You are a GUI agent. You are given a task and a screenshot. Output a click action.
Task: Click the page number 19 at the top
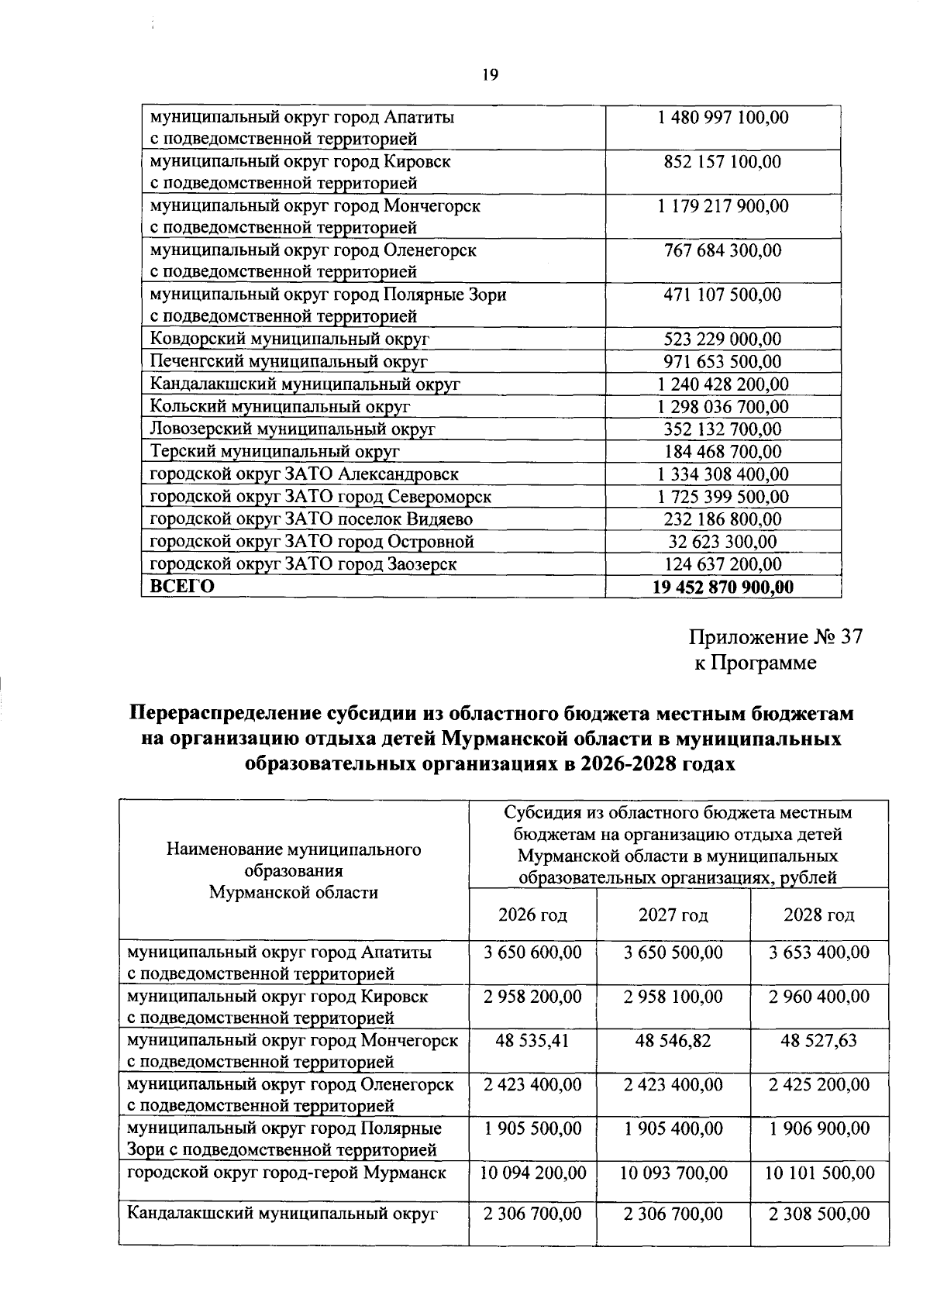[489, 75]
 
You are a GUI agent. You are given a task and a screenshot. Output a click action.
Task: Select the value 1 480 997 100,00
[722, 118]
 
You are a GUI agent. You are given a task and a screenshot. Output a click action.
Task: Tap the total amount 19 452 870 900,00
[722, 587]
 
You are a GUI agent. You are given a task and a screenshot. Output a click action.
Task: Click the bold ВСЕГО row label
[182, 587]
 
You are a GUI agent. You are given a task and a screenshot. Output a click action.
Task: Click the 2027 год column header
[673, 915]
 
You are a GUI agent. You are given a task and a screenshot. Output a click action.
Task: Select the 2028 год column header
[819, 915]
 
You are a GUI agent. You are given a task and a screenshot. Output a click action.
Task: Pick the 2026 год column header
[532, 915]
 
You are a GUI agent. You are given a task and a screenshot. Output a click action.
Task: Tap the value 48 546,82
[673, 1040]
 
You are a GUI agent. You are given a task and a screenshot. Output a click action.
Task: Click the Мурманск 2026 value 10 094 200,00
[532, 1173]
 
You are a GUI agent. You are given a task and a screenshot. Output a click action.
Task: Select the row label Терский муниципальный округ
[274, 452]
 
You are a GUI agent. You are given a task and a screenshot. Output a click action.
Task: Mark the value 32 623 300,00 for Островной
[722, 542]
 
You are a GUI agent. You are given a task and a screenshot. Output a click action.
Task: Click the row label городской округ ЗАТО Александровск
[304, 474]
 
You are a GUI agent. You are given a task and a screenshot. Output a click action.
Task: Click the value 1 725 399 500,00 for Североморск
[722, 497]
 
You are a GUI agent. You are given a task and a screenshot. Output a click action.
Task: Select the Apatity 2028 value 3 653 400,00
[819, 952]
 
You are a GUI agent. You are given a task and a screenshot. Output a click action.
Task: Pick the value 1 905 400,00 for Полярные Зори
[673, 1128]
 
